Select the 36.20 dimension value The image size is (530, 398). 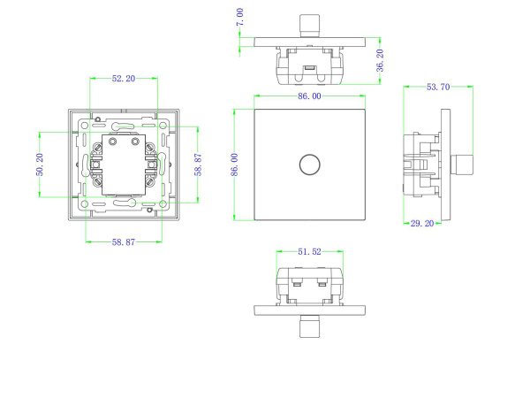tap(379, 59)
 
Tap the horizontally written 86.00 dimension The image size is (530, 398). tap(309, 96)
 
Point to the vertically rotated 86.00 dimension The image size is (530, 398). tap(235, 165)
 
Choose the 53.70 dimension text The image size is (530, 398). tap(438, 87)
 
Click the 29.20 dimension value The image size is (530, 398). tap(422, 225)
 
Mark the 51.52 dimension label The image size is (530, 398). tap(309, 252)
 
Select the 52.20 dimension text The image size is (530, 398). tap(123, 79)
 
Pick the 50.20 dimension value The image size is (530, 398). tap(41, 165)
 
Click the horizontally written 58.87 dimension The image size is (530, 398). tap(123, 240)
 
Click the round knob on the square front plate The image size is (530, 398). tap(309, 165)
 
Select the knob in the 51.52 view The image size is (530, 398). tap(309, 326)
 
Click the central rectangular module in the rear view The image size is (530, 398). tap(123, 165)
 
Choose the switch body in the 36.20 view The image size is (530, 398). tap(309, 64)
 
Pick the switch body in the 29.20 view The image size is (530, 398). tap(422, 165)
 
